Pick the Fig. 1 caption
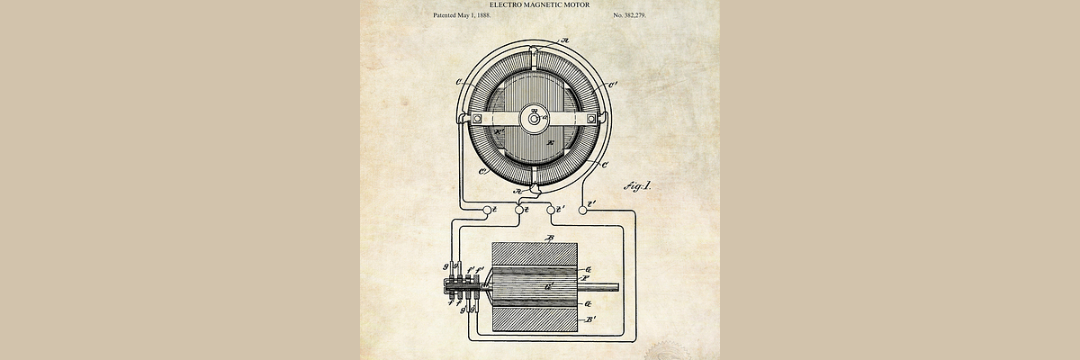[x=636, y=186]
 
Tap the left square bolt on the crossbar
[x=478, y=118]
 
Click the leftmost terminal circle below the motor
[x=489, y=209]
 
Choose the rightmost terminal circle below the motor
[x=581, y=209]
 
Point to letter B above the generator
[x=550, y=237]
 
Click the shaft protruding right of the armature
[x=603, y=288]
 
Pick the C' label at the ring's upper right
[x=613, y=86]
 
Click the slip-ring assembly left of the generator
[x=461, y=289]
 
